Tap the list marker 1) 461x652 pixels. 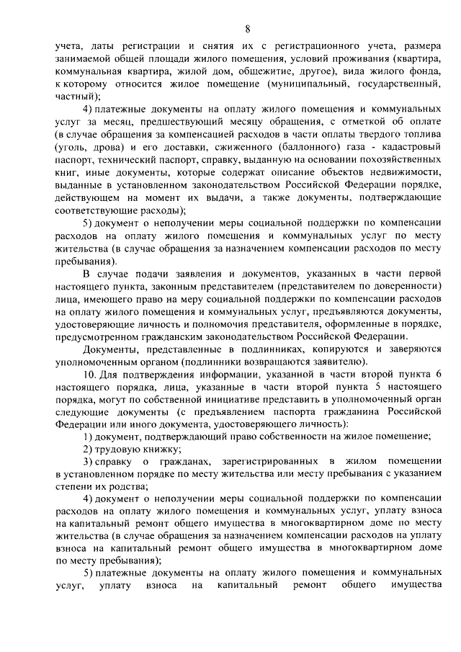[88, 437]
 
